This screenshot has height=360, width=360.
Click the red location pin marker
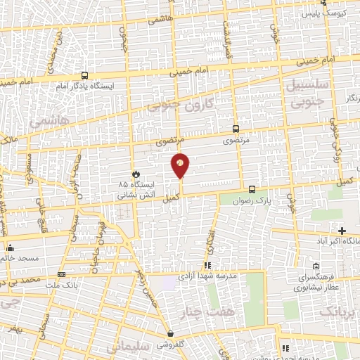181,164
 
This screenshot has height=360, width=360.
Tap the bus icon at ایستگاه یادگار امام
85,75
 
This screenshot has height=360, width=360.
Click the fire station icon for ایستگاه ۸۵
136,174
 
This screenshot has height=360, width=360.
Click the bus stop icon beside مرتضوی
236,129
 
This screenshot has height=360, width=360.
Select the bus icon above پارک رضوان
252,189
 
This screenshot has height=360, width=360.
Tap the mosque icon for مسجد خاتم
10,247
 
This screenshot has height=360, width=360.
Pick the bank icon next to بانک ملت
62,275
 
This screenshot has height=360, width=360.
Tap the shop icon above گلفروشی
170,333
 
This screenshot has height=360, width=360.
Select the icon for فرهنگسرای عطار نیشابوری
316,266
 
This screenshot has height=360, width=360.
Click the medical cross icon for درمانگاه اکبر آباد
342,231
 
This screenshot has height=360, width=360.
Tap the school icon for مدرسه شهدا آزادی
207,265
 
